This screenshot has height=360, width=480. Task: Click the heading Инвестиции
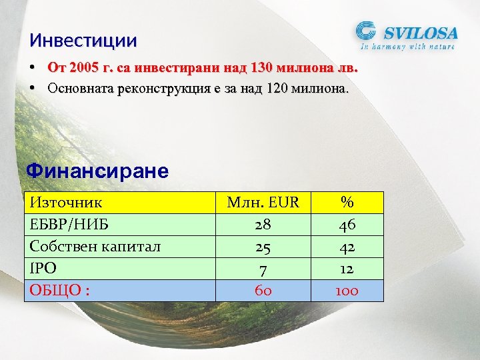tap(83, 41)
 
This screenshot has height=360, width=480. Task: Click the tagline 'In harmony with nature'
tap(408, 47)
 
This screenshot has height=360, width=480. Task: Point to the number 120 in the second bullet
tap(279, 88)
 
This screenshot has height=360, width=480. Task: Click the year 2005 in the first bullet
tap(83, 68)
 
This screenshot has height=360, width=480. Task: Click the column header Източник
tap(66, 203)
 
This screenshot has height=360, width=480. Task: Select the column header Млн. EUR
tap(263, 203)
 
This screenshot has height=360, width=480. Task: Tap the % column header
tap(347, 203)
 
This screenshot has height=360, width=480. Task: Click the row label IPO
tap(43, 269)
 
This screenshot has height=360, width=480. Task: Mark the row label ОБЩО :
tap(60, 291)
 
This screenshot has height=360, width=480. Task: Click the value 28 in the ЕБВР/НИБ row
tap(263, 225)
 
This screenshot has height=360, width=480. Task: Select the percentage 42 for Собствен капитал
tap(347, 247)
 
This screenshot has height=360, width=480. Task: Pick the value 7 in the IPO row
tap(263, 269)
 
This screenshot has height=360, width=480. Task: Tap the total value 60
tap(263, 291)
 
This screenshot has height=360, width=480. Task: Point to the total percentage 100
tap(347, 291)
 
